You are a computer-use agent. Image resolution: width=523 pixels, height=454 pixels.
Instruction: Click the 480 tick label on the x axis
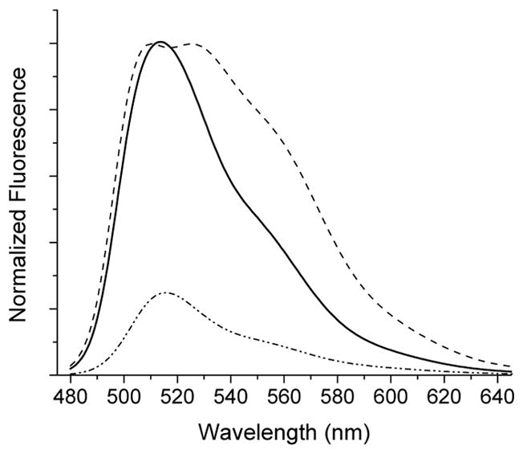click(x=71, y=398)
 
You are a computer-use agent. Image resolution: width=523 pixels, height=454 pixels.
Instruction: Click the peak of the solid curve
click(x=160, y=42)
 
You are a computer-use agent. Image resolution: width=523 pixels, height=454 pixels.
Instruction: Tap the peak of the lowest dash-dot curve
click(x=167, y=292)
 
